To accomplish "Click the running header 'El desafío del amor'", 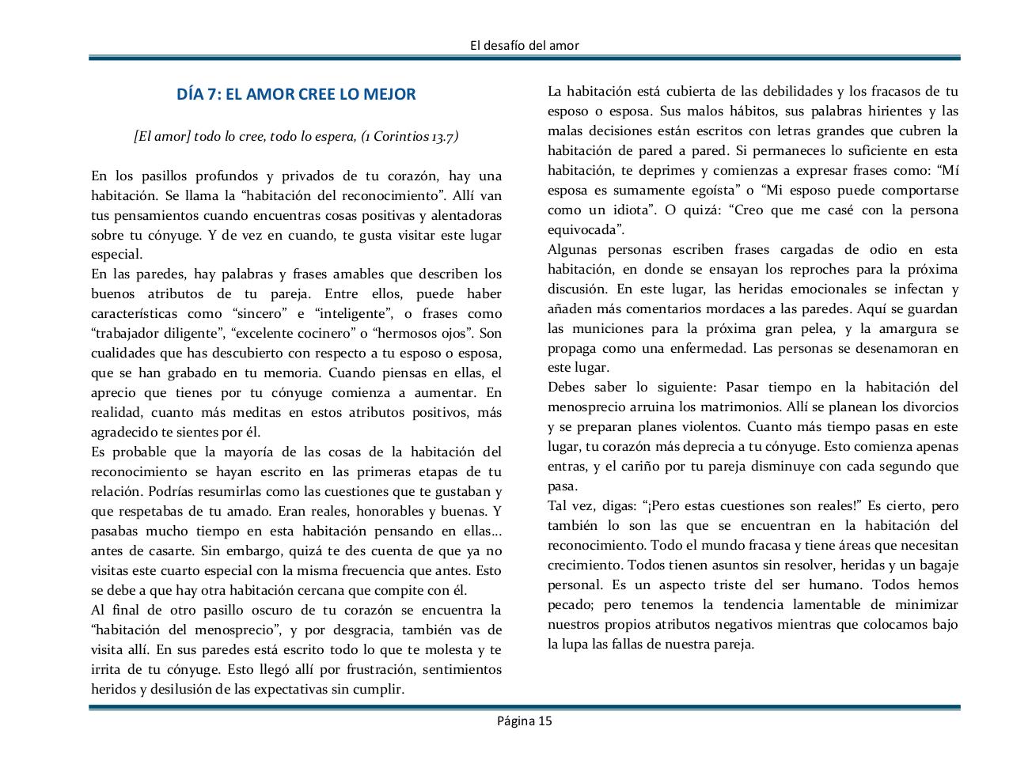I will point(524,45).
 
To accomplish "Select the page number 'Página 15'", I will point(524,720).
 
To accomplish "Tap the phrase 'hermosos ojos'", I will point(424,334).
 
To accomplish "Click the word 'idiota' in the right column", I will point(628,210).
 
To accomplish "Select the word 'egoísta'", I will point(711,190).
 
